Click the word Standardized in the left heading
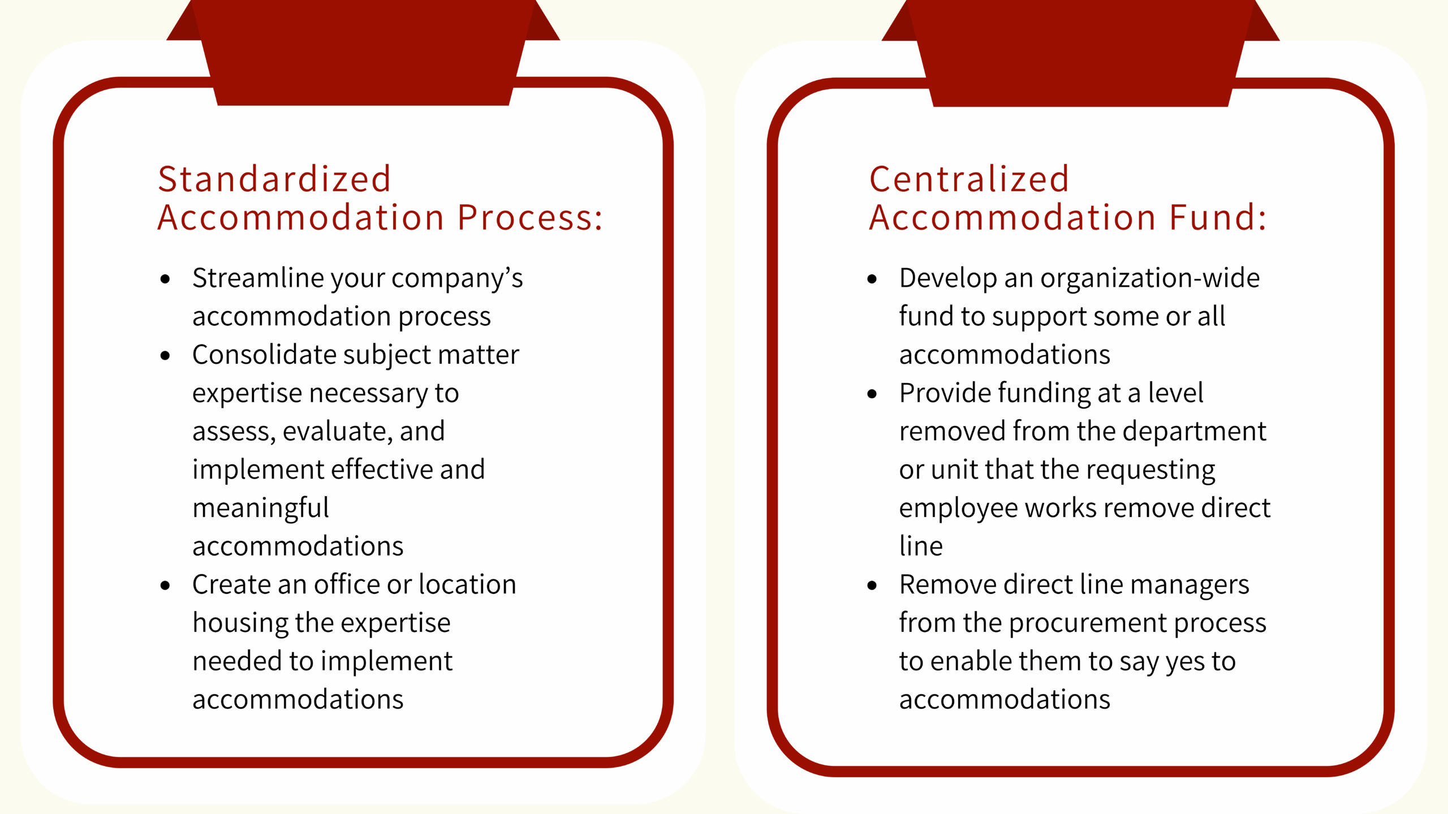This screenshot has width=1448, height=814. coord(274,179)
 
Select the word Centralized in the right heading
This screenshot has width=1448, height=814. coord(969,179)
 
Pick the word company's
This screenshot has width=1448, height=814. coord(457,279)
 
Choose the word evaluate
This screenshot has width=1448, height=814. coord(337,432)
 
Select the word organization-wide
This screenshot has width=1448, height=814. coord(1150,279)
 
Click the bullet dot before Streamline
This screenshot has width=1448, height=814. coord(165,278)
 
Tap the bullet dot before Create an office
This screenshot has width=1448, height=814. coord(165,585)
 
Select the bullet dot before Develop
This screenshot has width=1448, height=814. coord(872,278)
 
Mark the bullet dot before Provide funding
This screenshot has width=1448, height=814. coord(872,394)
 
